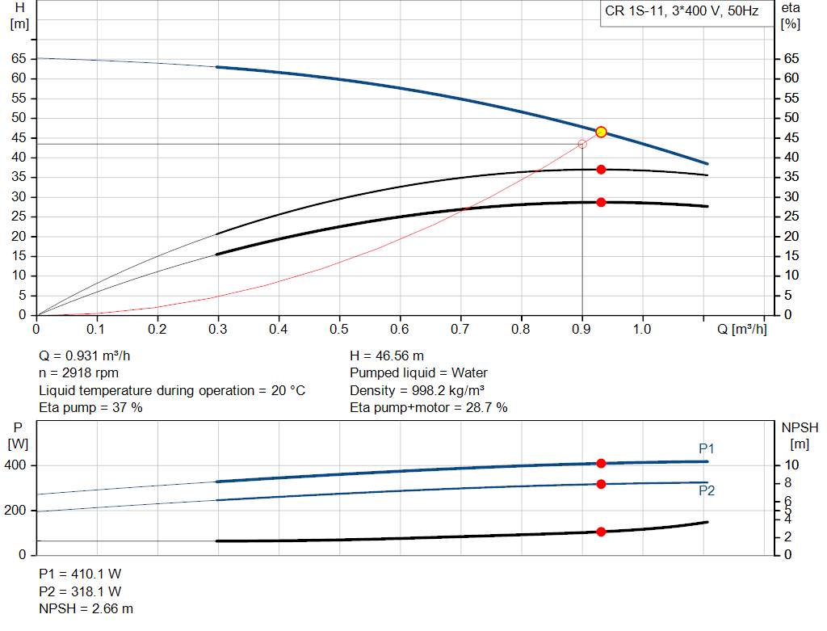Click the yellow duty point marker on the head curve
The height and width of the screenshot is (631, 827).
(x=601, y=132)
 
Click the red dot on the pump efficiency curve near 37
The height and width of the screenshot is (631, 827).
(x=601, y=170)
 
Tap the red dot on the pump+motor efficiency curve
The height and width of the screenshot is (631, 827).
(x=601, y=202)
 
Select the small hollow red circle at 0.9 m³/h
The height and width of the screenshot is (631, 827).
(x=582, y=144)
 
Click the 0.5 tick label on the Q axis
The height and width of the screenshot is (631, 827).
(x=339, y=330)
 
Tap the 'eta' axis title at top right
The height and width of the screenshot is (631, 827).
(x=791, y=7)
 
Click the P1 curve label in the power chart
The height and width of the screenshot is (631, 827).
(x=707, y=448)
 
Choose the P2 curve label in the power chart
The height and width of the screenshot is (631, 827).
(x=707, y=490)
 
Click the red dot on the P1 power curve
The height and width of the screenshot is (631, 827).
(x=601, y=463)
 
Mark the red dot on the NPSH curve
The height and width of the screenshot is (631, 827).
(x=601, y=532)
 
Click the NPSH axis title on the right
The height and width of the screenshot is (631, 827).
(x=796, y=428)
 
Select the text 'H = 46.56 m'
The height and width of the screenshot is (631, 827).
(x=387, y=356)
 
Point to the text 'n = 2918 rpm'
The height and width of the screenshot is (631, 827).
(x=79, y=373)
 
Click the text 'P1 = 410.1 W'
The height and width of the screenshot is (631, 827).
(x=80, y=574)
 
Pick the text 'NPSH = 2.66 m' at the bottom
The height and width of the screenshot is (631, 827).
(x=86, y=608)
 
